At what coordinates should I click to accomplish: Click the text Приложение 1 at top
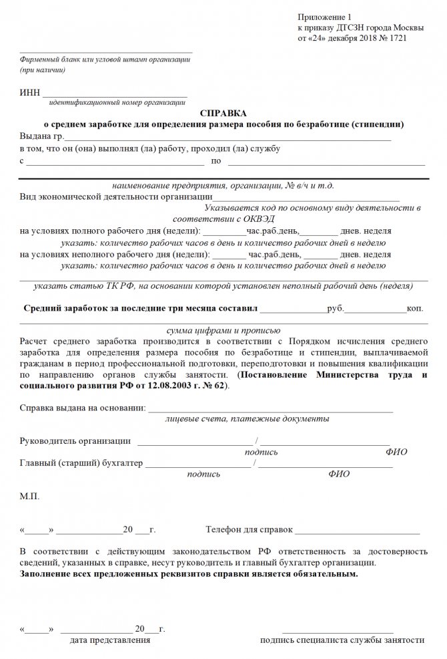point(322,15)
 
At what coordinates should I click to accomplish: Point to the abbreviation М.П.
point(31,497)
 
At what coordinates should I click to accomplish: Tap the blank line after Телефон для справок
point(357,532)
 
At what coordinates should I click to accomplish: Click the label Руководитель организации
point(75,440)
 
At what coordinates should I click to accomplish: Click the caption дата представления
point(110,640)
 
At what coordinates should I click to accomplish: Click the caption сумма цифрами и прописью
point(222,330)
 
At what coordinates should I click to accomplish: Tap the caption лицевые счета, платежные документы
point(247,419)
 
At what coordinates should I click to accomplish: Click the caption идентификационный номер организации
point(117,102)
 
